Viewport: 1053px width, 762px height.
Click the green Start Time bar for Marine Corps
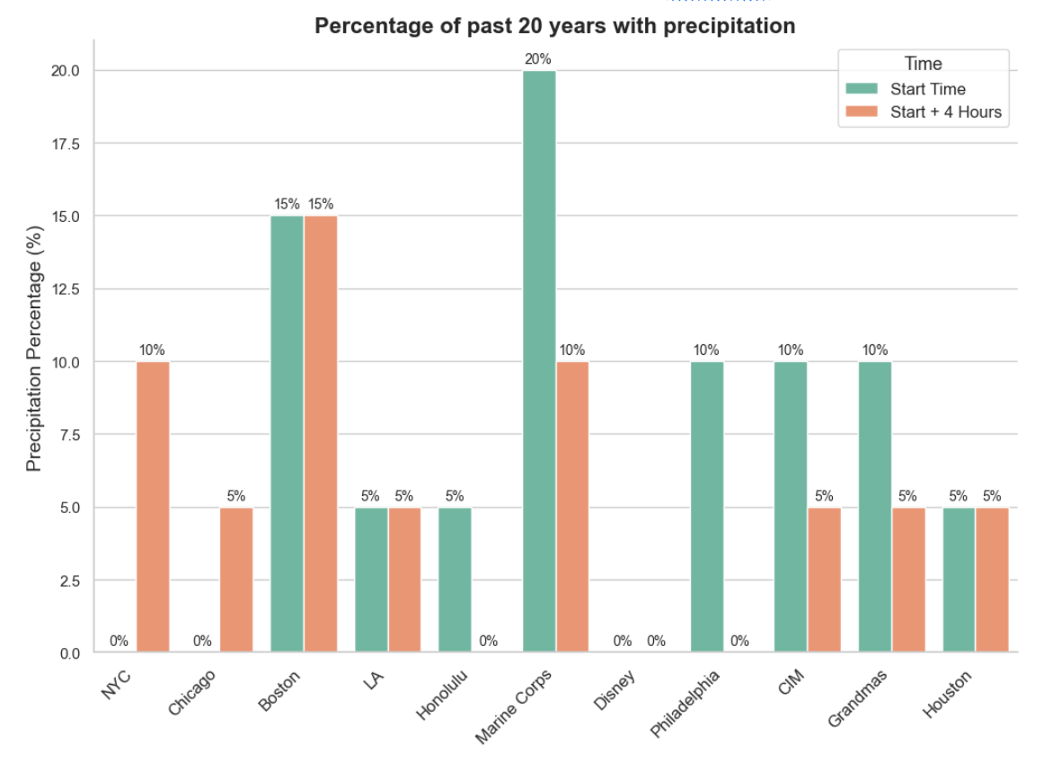(x=539, y=361)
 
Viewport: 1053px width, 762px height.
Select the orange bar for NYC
(x=153, y=507)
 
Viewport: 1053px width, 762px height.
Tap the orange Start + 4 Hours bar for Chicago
(x=236, y=580)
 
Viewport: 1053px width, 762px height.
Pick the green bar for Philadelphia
(x=707, y=507)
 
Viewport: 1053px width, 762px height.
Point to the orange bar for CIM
(x=824, y=580)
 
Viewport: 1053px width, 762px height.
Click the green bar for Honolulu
(x=455, y=580)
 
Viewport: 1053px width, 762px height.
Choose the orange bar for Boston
(x=321, y=434)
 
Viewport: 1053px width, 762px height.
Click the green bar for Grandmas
(x=875, y=507)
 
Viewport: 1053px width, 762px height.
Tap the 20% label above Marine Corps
(x=538, y=59)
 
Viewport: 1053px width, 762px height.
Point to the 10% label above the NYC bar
(x=152, y=350)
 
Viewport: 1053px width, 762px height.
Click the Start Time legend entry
(x=906, y=89)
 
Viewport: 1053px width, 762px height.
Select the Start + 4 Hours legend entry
(x=924, y=111)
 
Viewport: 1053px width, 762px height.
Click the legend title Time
(x=924, y=64)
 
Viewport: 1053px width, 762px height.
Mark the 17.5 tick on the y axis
(x=66, y=144)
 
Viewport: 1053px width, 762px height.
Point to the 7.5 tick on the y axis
(x=69, y=435)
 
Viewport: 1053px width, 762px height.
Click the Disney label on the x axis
(x=615, y=690)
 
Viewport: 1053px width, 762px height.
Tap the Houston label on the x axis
(x=947, y=694)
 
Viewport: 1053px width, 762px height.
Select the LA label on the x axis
(x=374, y=679)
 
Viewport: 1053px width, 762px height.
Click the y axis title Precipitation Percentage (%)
(x=34, y=349)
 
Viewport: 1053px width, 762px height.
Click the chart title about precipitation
(x=554, y=25)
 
